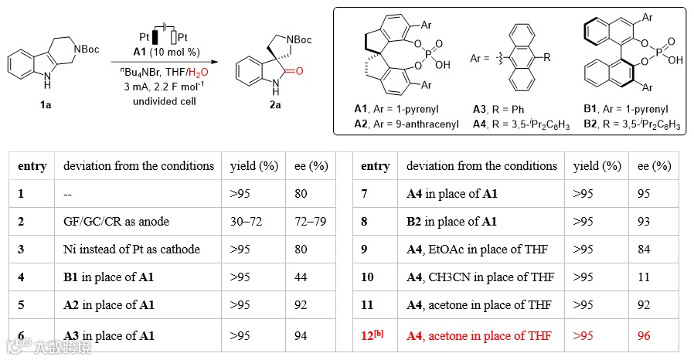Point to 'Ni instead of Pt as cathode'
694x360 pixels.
131,249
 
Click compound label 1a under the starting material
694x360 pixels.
46,105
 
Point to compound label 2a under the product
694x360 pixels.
274,105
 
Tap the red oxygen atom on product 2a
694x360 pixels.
298,71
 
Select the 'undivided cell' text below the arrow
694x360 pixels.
160,101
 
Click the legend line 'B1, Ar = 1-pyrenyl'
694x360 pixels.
624,109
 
